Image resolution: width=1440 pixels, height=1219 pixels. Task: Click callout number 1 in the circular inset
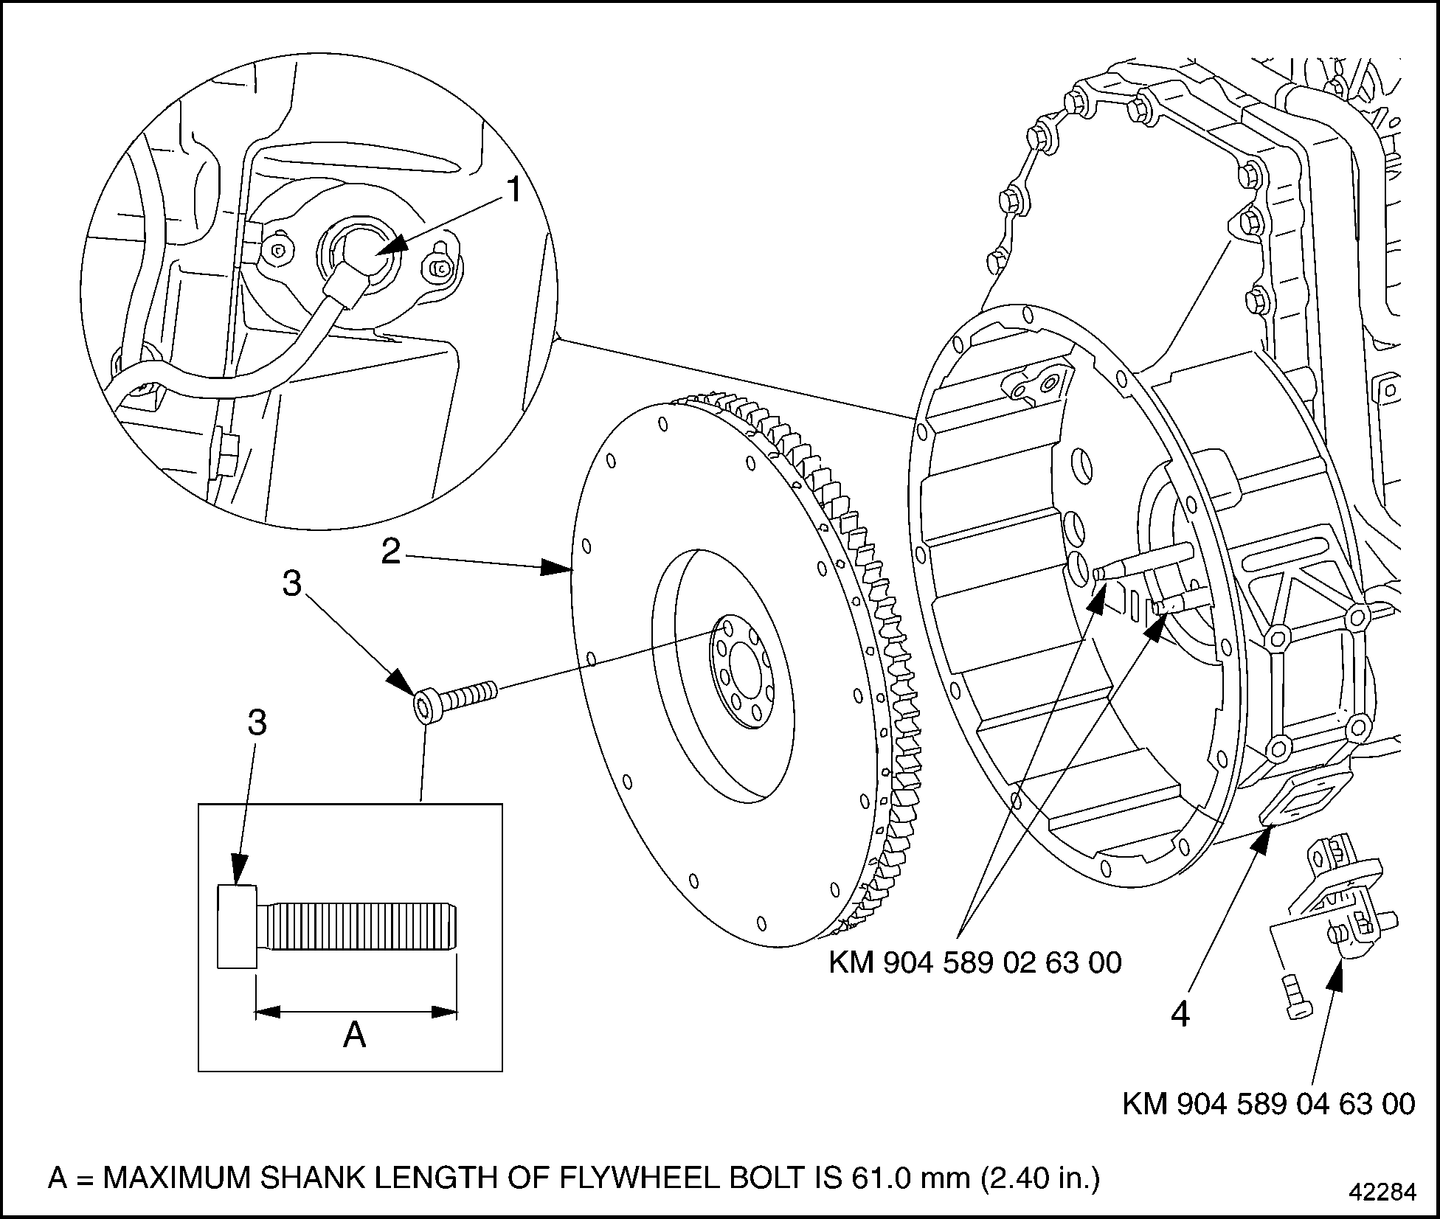pos(513,191)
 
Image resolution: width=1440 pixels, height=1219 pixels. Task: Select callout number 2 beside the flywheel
pos(390,551)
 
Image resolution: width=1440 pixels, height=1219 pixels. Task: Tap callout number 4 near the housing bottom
pos(1180,1015)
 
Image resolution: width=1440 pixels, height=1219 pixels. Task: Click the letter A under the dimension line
pos(354,1035)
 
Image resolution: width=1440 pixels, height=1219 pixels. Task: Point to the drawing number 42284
pos(1382,1192)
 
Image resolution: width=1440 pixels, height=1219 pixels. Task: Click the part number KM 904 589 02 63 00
pos(975,962)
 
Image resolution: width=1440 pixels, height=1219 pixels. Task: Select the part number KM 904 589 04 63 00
pos(1269,1125)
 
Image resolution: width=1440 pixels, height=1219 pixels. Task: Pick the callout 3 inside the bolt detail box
pos(257,723)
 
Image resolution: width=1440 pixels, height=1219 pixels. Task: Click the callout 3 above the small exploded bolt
pos(292,584)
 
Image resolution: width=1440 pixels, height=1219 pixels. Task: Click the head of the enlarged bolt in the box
pos(237,925)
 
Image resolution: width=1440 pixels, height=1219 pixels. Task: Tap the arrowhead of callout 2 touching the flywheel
pos(561,568)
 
